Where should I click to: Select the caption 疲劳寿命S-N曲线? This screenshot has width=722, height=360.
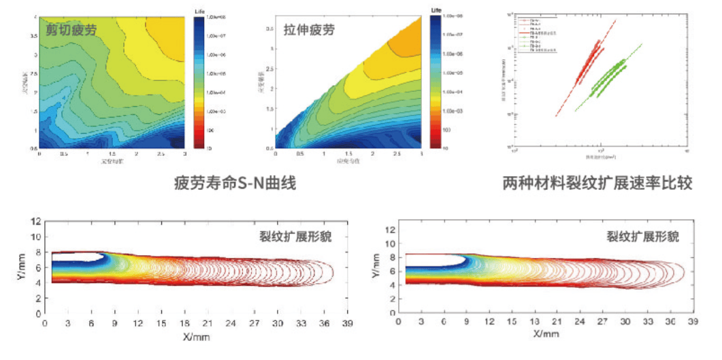[235, 183]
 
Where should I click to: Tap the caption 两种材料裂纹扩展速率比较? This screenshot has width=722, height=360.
[597, 183]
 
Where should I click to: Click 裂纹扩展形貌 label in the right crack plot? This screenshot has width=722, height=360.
[642, 236]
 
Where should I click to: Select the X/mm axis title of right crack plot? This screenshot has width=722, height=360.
[545, 333]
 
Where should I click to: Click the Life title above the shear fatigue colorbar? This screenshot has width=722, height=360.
[199, 12]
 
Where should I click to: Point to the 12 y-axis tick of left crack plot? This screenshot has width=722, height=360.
[36, 222]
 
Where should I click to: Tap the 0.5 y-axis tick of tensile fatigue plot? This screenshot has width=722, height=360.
[269, 147]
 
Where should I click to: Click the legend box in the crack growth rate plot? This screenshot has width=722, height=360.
[536, 33]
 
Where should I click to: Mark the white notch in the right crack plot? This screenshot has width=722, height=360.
[436, 259]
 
